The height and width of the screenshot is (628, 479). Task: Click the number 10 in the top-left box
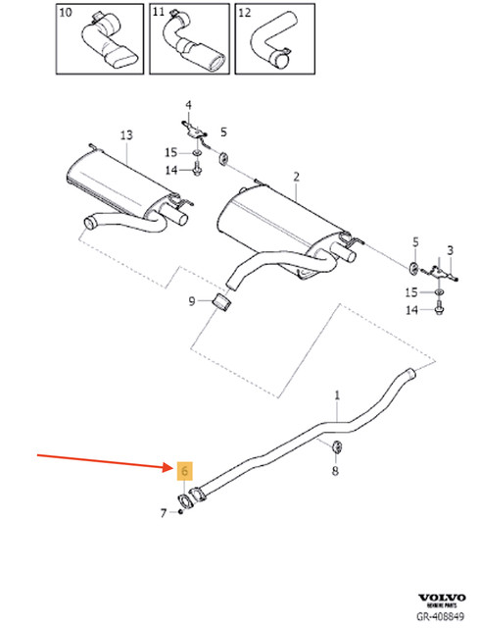click(x=66, y=12)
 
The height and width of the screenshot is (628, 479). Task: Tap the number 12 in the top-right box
click(x=244, y=12)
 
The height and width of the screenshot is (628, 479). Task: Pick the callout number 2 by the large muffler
click(x=295, y=177)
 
